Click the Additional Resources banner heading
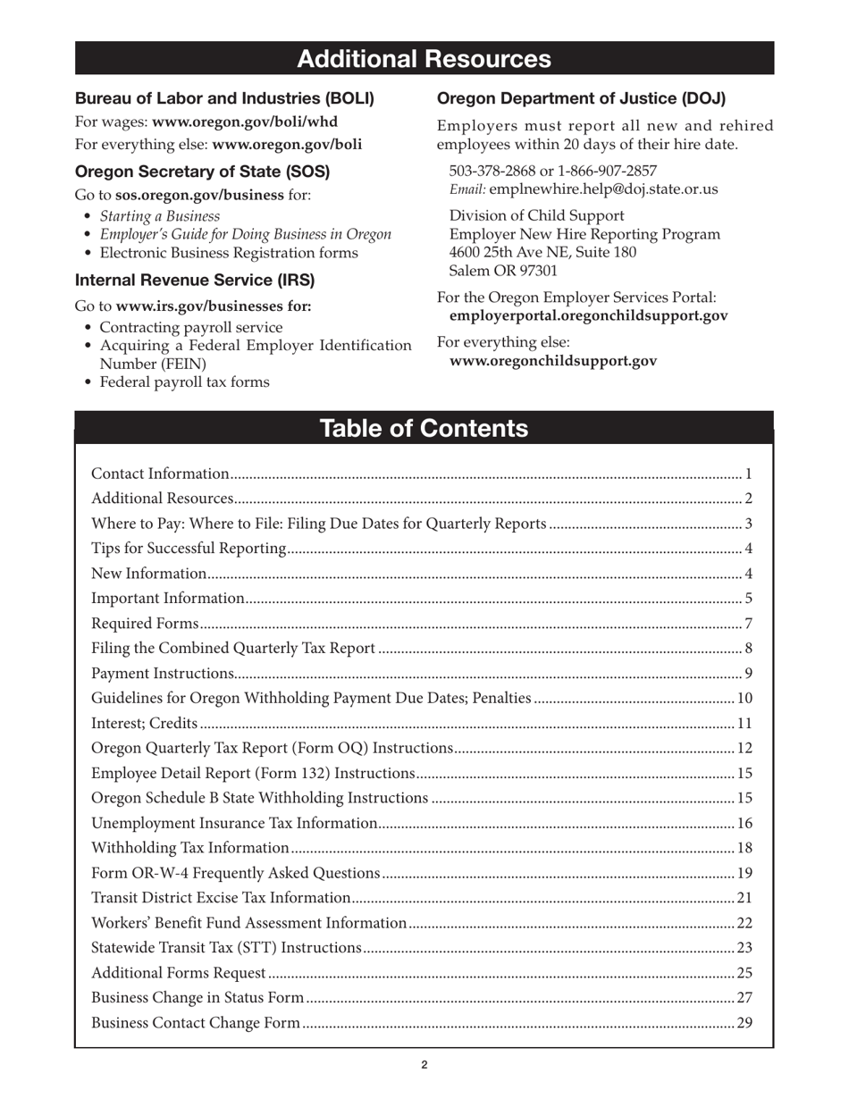[x=424, y=59]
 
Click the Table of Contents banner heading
[x=424, y=429]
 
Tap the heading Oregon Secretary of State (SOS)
[x=202, y=171]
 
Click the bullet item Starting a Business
[x=159, y=216]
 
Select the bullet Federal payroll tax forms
[x=184, y=382]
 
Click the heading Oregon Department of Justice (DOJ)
[x=581, y=98]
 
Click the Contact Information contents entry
[x=161, y=474]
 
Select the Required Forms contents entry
[x=146, y=624]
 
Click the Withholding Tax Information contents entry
[x=190, y=848]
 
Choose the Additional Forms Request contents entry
[x=179, y=973]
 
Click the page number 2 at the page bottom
[x=424, y=1064]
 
